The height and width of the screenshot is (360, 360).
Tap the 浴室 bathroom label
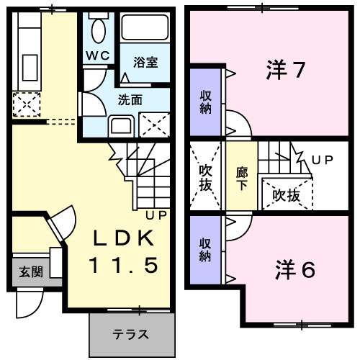145,63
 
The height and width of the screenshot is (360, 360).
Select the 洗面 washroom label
130,100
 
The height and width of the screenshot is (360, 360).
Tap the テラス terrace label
130,334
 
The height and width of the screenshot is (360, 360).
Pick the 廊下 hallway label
242,177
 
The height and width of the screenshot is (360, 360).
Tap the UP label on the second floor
323,160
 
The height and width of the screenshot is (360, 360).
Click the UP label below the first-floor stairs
155,215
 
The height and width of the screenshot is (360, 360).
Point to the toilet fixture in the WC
99,30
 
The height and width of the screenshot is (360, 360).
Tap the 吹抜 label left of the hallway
206,177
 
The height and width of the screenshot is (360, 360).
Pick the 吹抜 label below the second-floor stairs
286,194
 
